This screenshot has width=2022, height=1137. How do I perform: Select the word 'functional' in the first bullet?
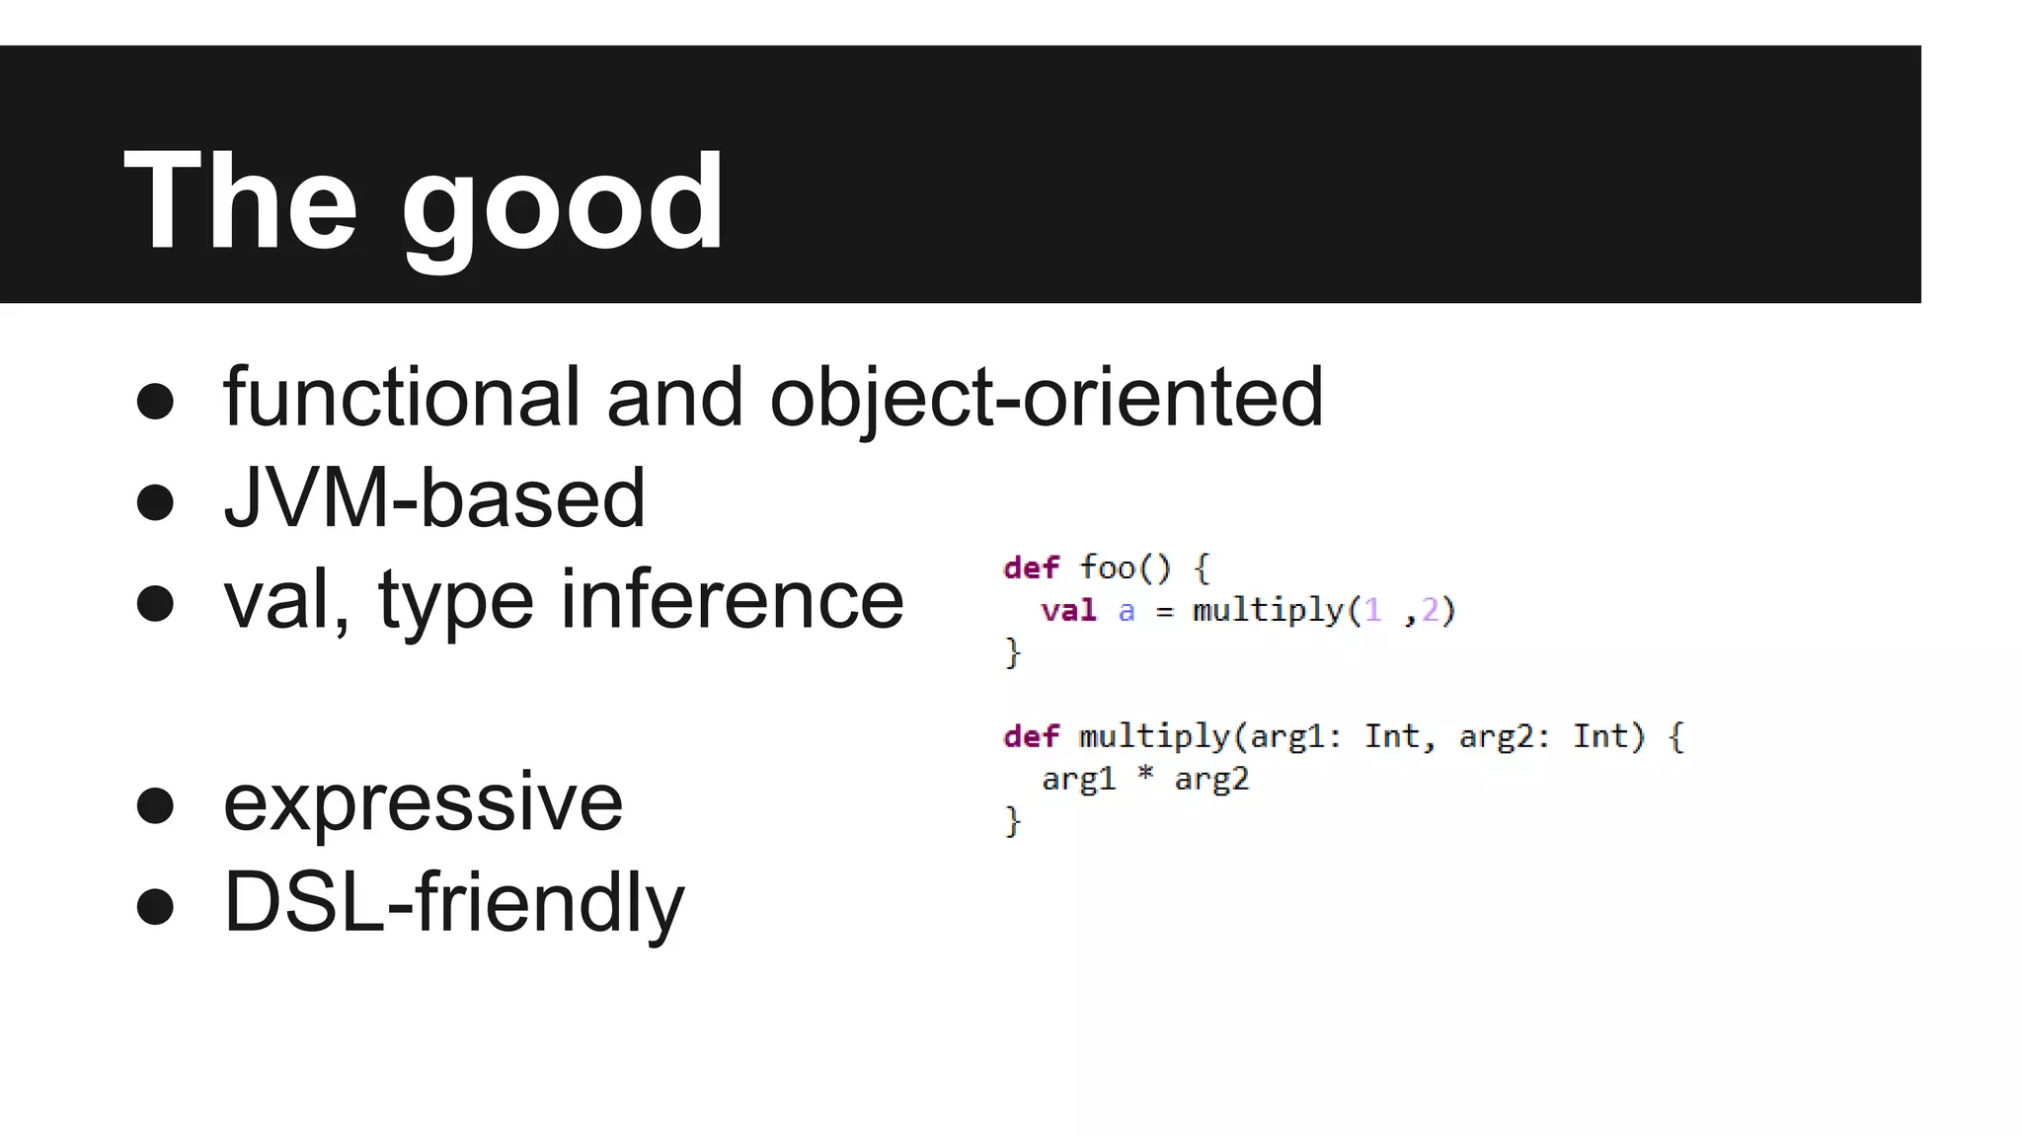[401, 397]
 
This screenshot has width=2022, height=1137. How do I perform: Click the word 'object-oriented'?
[1046, 397]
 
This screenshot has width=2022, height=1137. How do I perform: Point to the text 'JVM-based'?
[434, 498]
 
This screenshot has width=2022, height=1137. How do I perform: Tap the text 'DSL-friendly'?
[453, 902]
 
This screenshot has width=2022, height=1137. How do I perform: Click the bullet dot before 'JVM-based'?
[155, 501]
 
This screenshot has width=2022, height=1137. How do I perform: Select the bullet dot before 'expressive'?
[155, 804]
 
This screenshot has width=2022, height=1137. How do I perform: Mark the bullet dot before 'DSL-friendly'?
[155, 906]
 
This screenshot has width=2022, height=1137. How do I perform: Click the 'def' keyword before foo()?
[1031, 568]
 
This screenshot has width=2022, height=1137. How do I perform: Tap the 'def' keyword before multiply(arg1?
[1031, 736]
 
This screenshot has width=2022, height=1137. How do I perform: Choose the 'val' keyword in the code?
[1068, 611]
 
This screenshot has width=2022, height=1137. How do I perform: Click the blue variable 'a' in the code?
[1127, 612]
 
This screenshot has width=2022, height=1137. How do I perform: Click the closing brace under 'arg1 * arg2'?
[1012, 820]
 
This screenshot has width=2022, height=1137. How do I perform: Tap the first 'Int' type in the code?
[1392, 736]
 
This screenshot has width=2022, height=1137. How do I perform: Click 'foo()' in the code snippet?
[1125, 568]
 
